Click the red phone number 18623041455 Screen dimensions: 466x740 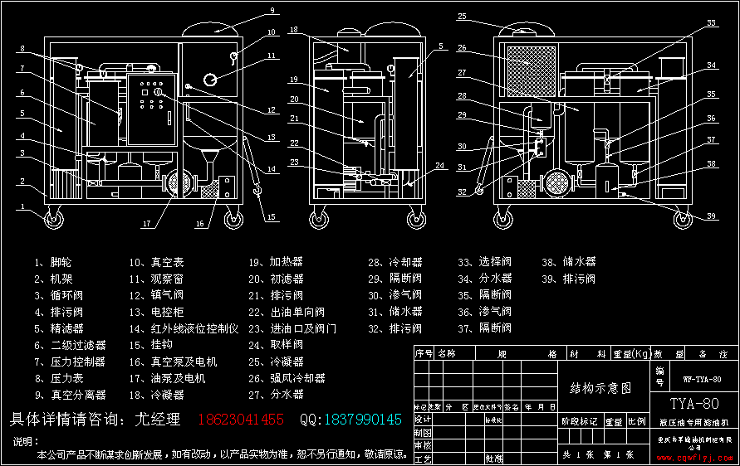[x=240, y=420]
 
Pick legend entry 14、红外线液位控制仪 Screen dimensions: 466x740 [x=183, y=329]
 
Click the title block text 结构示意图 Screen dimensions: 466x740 [x=600, y=387]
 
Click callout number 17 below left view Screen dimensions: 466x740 [x=146, y=223]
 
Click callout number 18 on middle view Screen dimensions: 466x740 [x=294, y=30]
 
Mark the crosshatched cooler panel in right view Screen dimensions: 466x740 [x=532, y=67]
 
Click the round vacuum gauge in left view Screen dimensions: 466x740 [x=211, y=79]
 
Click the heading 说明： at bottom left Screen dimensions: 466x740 [x=27, y=440]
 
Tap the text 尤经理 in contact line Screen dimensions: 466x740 [x=158, y=420]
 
